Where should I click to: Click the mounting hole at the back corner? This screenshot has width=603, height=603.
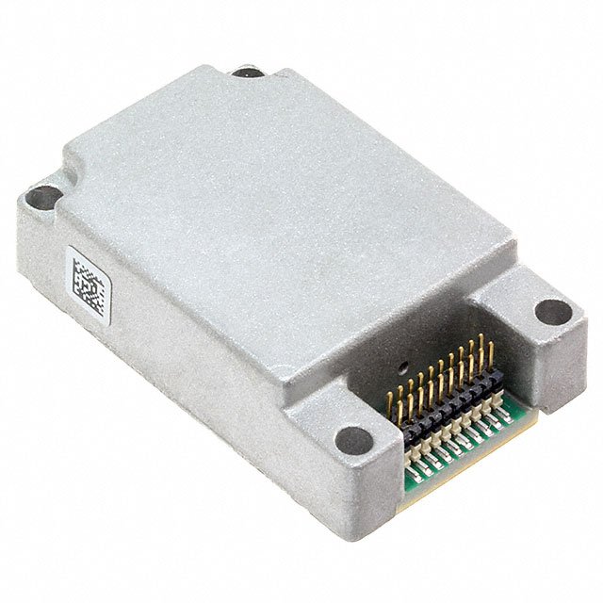pos(248,72)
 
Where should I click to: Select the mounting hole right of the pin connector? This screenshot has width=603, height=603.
pos(552,311)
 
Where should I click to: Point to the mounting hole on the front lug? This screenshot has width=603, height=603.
pos(354,439)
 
